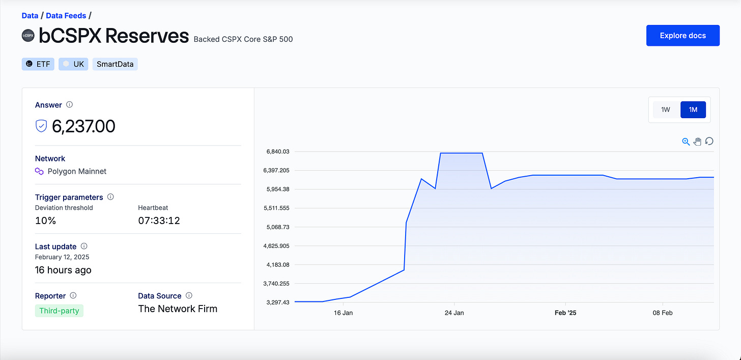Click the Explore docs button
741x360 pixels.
(682, 36)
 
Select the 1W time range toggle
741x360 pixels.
(666, 109)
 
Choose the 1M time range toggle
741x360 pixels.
(693, 109)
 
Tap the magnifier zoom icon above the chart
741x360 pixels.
(686, 142)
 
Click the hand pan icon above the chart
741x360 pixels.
(697, 142)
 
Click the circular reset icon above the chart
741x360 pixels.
(709, 141)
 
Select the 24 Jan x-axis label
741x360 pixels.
(454, 313)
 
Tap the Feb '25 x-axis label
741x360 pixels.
(565, 313)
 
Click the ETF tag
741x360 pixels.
(38, 64)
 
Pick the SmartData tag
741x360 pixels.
(115, 64)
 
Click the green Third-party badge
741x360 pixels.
(59, 310)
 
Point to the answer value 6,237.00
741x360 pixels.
(83, 126)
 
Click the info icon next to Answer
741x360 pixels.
(70, 105)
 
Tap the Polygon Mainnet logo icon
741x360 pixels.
(39, 171)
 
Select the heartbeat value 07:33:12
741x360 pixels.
(159, 220)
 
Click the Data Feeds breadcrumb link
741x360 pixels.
(66, 16)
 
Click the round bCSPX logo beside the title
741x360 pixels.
(28, 36)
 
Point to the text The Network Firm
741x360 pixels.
(178, 309)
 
